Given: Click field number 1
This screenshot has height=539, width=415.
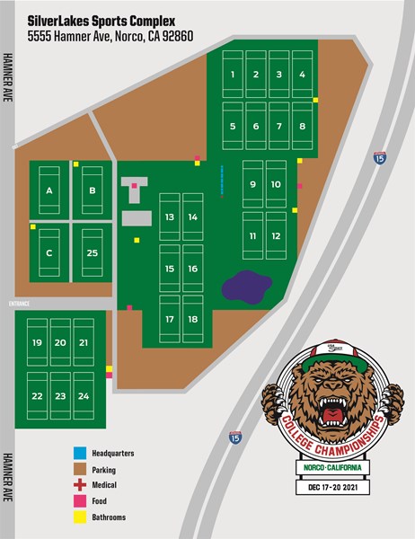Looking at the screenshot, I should (x=233, y=77).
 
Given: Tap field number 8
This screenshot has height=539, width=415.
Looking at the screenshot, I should (x=303, y=127).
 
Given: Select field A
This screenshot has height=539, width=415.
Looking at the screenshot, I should (x=49, y=190).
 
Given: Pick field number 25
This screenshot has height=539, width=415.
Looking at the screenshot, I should (x=92, y=253).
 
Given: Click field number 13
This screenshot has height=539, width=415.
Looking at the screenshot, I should (x=170, y=217).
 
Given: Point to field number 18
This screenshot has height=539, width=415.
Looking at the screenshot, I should (x=192, y=320).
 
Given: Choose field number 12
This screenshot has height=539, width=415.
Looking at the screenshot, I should (x=277, y=236).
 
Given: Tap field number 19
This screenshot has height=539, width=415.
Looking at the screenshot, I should (x=37, y=343).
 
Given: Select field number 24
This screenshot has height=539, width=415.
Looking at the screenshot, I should (x=84, y=396).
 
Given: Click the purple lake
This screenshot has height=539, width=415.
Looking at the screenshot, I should (x=246, y=287).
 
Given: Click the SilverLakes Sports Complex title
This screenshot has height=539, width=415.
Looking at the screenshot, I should (x=102, y=19).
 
